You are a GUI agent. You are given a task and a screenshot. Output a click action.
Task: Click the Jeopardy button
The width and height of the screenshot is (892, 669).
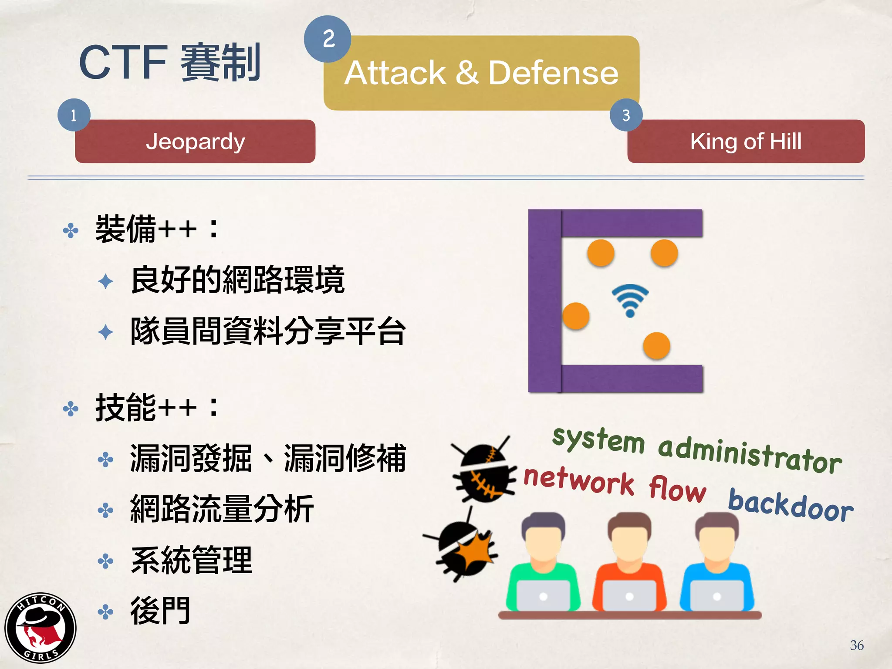tap(195, 142)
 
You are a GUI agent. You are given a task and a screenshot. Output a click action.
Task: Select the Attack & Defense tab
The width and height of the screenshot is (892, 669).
tap(481, 73)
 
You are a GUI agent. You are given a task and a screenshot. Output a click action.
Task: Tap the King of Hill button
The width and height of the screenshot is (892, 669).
tap(746, 142)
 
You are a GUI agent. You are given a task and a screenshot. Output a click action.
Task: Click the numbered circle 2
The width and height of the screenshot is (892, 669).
tap(328, 39)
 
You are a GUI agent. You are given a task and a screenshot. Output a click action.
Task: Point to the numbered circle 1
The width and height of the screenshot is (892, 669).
tap(74, 115)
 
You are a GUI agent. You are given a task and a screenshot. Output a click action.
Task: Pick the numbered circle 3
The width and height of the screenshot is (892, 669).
tap(626, 115)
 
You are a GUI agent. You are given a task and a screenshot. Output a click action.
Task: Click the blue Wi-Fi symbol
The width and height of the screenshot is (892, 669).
tap(630, 300)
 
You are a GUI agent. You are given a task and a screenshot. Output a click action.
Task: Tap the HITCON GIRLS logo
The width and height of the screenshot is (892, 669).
tap(41, 628)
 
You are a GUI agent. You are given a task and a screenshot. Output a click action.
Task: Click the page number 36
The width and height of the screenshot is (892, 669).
tap(856, 645)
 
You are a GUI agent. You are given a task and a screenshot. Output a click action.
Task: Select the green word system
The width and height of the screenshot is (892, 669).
tap(598, 439)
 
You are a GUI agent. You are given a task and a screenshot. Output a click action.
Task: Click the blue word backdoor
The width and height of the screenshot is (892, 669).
tap(791, 505)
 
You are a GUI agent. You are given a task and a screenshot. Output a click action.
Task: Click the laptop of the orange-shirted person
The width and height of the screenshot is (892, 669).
tap(629, 596)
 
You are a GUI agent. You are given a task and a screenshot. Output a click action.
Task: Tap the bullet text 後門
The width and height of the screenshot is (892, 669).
tap(160, 612)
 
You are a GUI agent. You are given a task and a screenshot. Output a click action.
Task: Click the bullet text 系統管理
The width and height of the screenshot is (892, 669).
tap(191, 561)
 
